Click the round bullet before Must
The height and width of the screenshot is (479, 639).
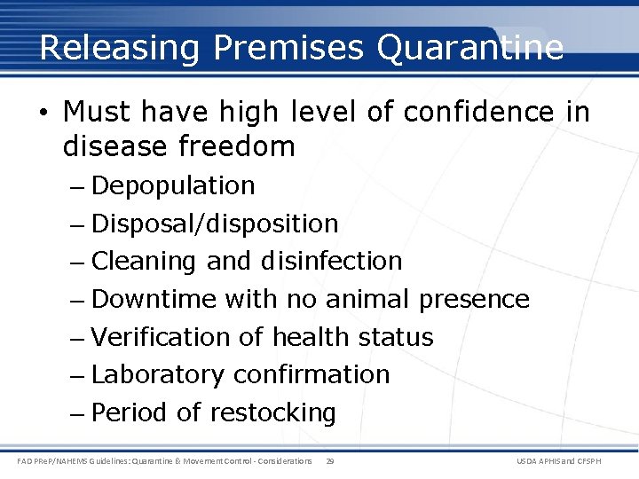tap(44, 113)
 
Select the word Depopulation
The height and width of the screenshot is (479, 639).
tap(173, 186)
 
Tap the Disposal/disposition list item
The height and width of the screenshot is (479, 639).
tap(215, 224)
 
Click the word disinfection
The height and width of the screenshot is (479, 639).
tap(331, 262)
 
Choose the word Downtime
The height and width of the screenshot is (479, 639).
tap(154, 300)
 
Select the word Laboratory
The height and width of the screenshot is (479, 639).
tap(158, 375)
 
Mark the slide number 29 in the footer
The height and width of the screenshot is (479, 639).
tap(330, 461)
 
